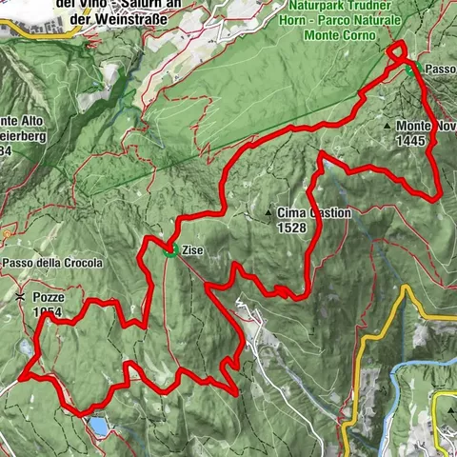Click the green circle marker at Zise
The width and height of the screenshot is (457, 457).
(169, 251)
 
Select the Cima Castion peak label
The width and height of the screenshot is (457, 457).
(314, 213)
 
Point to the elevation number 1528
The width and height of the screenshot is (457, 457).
(292, 228)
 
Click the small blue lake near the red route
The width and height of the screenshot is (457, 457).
(99, 426)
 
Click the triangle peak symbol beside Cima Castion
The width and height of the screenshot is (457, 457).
(269, 213)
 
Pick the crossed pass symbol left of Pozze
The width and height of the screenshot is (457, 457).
(20, 297)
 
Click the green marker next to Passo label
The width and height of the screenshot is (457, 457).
(409, 70)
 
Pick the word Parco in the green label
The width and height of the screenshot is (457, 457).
(377, 18)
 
